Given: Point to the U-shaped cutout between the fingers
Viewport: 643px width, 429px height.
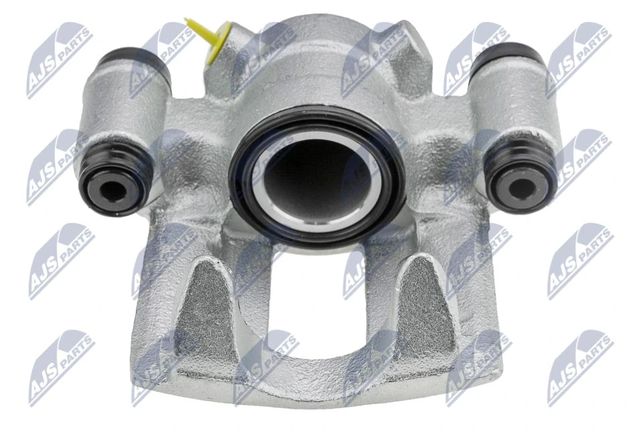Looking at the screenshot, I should coord(315,295).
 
